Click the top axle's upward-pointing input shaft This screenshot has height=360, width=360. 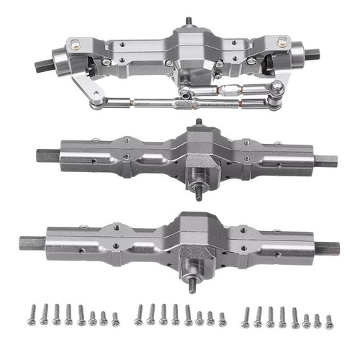189,22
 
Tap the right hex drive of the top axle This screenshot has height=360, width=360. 313,55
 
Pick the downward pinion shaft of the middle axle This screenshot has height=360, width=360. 197,192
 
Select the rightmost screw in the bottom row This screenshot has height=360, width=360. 329,321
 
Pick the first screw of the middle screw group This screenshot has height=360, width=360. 139,314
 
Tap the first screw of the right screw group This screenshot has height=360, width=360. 246,315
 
